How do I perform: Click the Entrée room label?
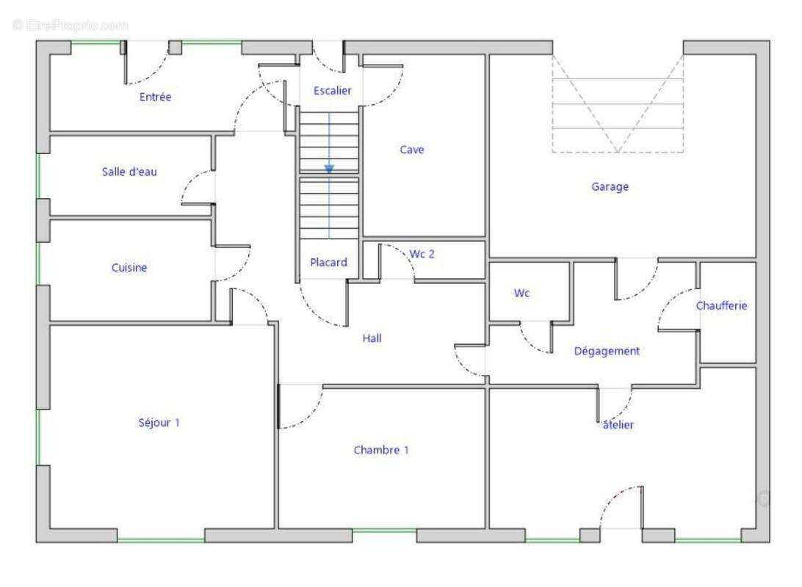[x=155, y=97]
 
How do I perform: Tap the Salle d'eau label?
[x=129, y=172]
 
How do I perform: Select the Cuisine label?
[x=129, y=267]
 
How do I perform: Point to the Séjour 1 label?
[x=159, y=423]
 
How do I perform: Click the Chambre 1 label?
[x=381, y=450]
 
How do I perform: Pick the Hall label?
[x=372, y=338]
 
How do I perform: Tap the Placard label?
[x=328, y=262]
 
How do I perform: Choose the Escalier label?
[x=333, y=90]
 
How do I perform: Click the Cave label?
[x=412, y=150]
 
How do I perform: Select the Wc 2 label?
[x=422, y=254]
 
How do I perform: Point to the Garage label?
[x=610, y=187]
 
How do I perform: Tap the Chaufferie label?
[x=721, y=305]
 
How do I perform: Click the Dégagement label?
[x=607, y=351]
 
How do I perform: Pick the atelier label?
[x=618, y=425]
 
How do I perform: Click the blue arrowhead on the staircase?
[x=329, y=169]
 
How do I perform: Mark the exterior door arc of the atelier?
[x=611, y=496]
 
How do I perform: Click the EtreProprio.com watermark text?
[x=71, y=24]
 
